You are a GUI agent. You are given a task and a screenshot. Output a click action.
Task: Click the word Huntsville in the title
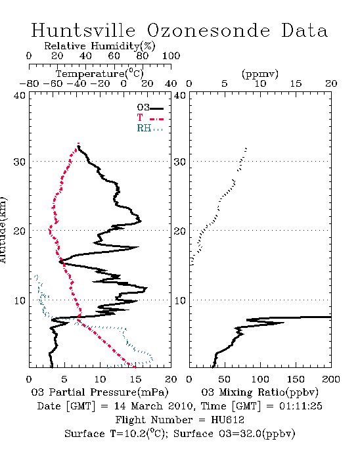pyautogui.click(x=83, y=30)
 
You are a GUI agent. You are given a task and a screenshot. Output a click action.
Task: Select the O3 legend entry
pyautogui.click(x=150, y=108)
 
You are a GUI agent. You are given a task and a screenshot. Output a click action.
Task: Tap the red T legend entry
pyautogui.click(x=150, y=118)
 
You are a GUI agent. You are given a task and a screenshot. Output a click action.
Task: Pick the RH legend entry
pyautogui.click(x=150, y=128)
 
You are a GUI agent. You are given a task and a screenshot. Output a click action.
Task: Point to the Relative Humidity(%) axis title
pyautogui.click(x=100, y=46)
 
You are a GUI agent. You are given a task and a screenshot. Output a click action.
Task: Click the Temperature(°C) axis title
pyautogui.click(x=100, y=74)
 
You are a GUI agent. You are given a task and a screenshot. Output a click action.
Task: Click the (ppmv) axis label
pyautogui.click(x=260, y=74)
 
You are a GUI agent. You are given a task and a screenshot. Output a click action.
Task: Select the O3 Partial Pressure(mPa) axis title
pyautogui.click(x=100, y=392)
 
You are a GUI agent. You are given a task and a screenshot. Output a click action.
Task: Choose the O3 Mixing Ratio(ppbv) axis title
pyautogui.click(x=259, y=392)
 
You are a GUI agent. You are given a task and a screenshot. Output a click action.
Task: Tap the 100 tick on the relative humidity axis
pyautogui.click(x=171, y=56)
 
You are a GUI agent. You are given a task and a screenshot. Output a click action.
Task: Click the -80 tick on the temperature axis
pyautogui.click(x=30, y=83)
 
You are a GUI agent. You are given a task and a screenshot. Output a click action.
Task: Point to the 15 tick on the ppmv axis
pyautogui.click(x=296, y=83)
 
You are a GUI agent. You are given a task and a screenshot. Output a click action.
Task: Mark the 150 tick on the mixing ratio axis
pyautogui.click(x=296, y=379)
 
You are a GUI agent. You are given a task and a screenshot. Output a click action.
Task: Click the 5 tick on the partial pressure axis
pyautogui.click(x=64, y=379)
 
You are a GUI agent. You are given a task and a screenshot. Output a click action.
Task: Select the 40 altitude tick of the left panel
pyautogui.click(x=19, y=95)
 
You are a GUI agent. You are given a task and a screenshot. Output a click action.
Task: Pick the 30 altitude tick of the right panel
pyautogui.click(x=180, y=162)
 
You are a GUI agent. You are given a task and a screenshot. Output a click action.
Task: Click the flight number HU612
pyautogui.click(x=227, y=419)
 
